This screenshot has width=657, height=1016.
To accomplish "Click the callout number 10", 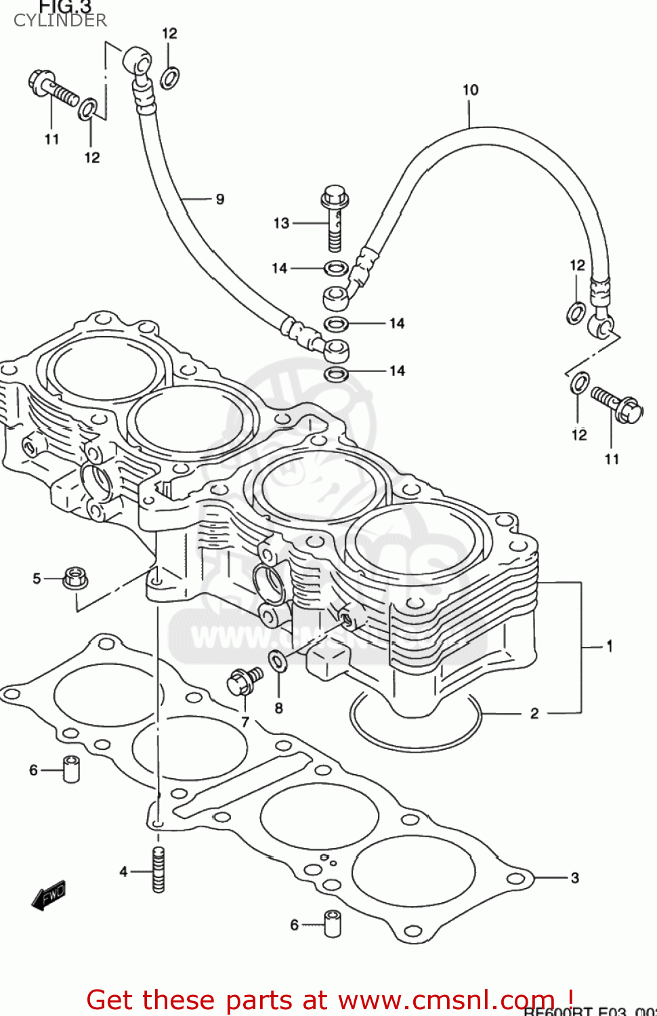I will pyautogui.click(x=470, y=89).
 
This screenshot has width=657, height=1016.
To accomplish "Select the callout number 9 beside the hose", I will pyautogui.click(x=219, y=199).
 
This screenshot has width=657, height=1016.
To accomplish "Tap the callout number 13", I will pyautogui.click(x=281, y=223).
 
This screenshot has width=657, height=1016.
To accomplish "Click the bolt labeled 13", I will pyautogui.click(x=334, y=217).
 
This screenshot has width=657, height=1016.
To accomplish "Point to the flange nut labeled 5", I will pyautogui.click(x=75, y=578).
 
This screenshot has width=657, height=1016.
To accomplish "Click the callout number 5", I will pyautogui.click(x=37, y=578).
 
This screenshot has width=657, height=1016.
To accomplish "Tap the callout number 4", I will pyautogui.click(x=123, y=872).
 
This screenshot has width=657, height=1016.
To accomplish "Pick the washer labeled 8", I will pyautogui.click(x=278, y=660).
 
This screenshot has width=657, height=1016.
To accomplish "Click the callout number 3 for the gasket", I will pyautogui.click(x=574, y=878).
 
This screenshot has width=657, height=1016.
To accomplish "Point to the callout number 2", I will pyautogui.click(x=534, y=713).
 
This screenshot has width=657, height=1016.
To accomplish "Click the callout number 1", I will pyautogui.click(x=609, y=646).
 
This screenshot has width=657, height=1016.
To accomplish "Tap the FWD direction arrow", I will pyautogui.click(x=48, y=895).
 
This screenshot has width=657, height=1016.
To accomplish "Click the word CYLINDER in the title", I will pyautogui.click(x=60, y=20).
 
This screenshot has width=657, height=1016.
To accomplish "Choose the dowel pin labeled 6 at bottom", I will pyautogui.click(x=332, y=924).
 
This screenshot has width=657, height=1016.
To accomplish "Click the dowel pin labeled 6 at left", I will pyautogui.click(x=71, y=769).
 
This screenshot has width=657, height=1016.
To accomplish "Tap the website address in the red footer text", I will pyautogui.click(x=447, y=1000).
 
